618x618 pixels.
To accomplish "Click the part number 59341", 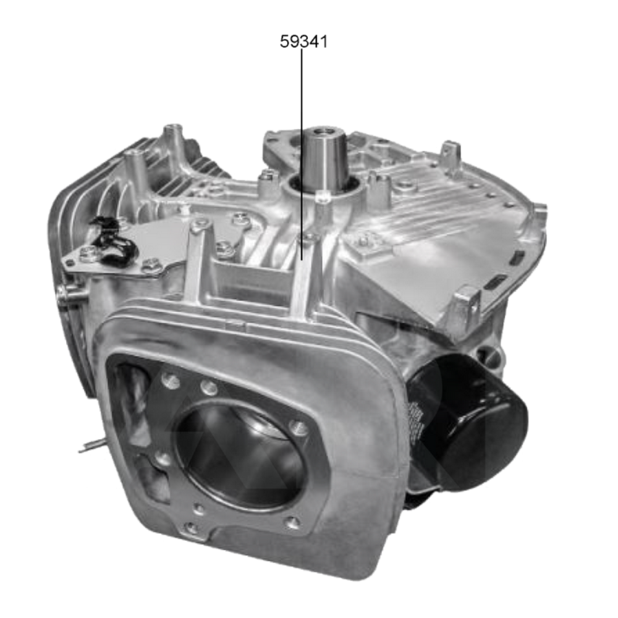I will pyautogui.click(x=303, y=42).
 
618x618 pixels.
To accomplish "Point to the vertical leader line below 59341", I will pyautogui.click(x=302, y=154).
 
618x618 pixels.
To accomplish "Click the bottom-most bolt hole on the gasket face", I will pyautogui.click(x=192, y=528).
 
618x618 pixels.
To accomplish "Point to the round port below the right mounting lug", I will pyautogui.click(x=488, y=355).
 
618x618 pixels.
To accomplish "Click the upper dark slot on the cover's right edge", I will pyautogui.click(x=518, y=255).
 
